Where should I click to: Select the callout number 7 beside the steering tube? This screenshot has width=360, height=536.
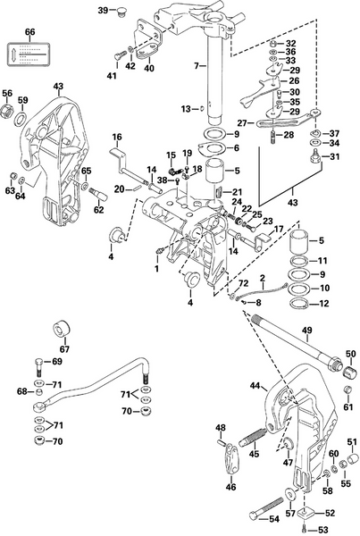[x=197, y=67]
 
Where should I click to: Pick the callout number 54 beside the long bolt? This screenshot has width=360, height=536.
[x=274, y=518]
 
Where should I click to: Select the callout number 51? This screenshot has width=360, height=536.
[x=350, y=442]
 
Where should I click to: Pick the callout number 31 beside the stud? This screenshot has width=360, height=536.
[x=336, y=157]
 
